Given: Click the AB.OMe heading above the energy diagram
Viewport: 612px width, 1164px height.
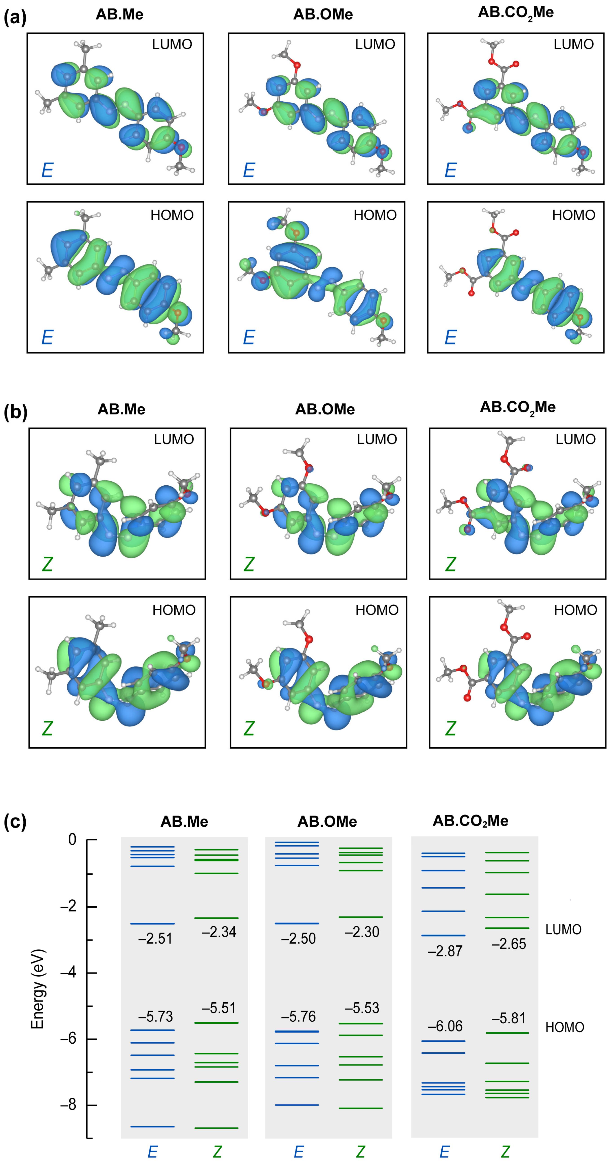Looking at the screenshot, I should click(x=327, y=821).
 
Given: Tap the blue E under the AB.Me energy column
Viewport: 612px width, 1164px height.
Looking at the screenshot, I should click(x=152, y=1151).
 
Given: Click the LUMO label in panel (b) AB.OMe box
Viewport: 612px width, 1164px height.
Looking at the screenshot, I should click(x=377, y=439).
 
